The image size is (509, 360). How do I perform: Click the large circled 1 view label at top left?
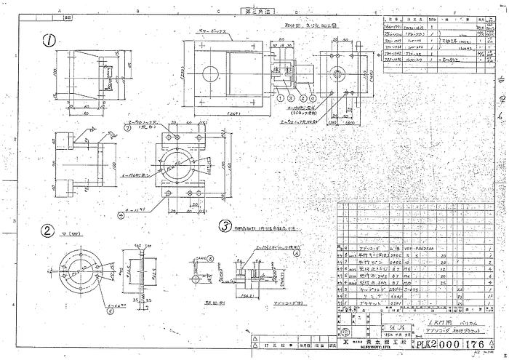49,41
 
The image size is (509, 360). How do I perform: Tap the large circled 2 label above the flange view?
47,232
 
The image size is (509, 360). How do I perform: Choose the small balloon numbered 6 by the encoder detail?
297,255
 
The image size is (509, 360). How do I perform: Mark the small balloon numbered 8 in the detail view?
210,258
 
